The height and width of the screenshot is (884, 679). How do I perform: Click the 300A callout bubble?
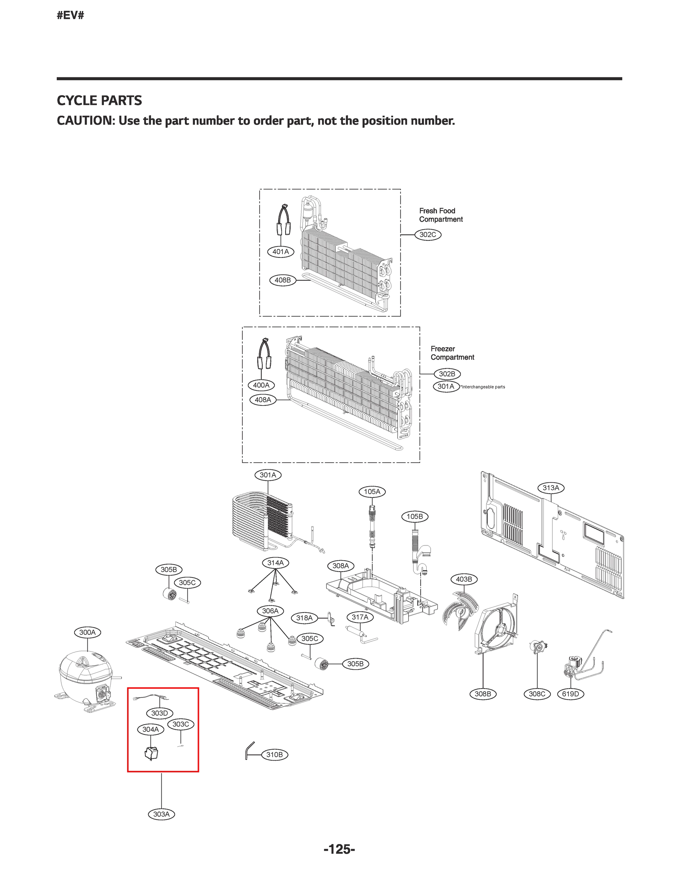point(87,632)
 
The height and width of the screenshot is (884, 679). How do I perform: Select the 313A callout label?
point(551,488)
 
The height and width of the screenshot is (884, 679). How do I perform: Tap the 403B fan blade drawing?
point(461,610)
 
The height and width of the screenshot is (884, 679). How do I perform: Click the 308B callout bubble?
point(483,694)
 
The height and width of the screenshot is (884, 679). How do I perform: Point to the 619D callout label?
point(570,694)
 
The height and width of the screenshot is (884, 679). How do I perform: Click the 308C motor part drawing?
point(538,647)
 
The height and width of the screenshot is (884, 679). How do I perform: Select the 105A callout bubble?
point(372,492)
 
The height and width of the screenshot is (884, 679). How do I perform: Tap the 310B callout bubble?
point(274,754)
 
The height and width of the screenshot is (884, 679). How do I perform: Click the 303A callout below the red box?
point(161,814)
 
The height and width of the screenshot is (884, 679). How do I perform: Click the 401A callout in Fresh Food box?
point(280,251)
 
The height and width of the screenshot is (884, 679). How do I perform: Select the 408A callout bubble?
point(263,400)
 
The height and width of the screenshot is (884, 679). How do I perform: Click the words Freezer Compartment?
point(452,353)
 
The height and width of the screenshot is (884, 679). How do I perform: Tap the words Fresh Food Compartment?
point(441,215)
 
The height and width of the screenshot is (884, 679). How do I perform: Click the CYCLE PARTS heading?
point(99,100)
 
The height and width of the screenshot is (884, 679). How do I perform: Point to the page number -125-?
point(339,849)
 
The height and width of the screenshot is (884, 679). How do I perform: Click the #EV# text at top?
point(70,16)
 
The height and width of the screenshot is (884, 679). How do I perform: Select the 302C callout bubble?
point(428,234)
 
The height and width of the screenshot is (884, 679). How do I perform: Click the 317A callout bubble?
point(360,617)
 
